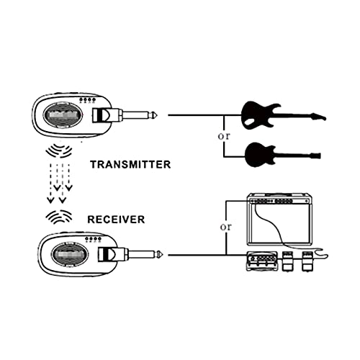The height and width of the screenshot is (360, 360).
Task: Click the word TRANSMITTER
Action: (130, 165)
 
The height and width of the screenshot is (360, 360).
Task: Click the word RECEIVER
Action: (116, 220)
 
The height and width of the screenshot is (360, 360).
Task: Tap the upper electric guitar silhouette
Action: (283, 116)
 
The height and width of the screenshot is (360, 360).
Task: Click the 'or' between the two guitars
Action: (224, 136)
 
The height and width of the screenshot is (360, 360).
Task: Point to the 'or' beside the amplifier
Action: (226, 227)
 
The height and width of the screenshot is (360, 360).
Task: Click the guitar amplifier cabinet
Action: (280, 219)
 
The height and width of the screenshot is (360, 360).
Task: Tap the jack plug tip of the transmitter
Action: (156, 115)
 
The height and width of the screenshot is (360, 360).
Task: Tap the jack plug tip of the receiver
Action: (161, 254)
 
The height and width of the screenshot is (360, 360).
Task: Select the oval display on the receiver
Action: (70, 254)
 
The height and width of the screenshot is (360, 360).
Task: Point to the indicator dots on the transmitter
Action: (88, 99)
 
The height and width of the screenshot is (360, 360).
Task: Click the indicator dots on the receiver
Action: (94, 239)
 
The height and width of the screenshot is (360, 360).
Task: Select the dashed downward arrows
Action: (60, 184)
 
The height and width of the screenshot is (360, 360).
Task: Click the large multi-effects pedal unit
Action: (262, 261)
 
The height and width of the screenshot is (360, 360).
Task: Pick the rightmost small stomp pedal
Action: (307, 261)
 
